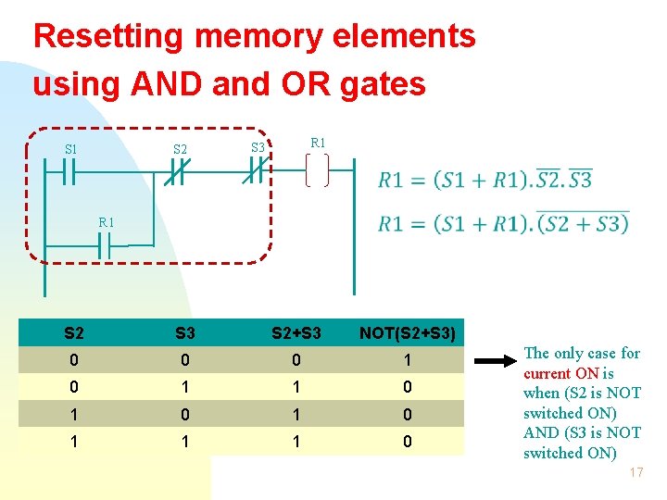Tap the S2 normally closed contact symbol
[x=177, y=173]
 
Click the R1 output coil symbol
[x=317, y=171]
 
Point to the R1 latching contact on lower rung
[x=106, y=246]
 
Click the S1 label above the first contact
[x=70, y=149]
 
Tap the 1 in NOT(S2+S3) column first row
[x=407, y=360]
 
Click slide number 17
[x=636, y=473]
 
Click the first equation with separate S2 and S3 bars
[x=485, y=179]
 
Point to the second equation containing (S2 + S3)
[x=503, y=223]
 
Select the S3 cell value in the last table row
[x=185, y=443]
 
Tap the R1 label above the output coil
[x=318, y=144]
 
